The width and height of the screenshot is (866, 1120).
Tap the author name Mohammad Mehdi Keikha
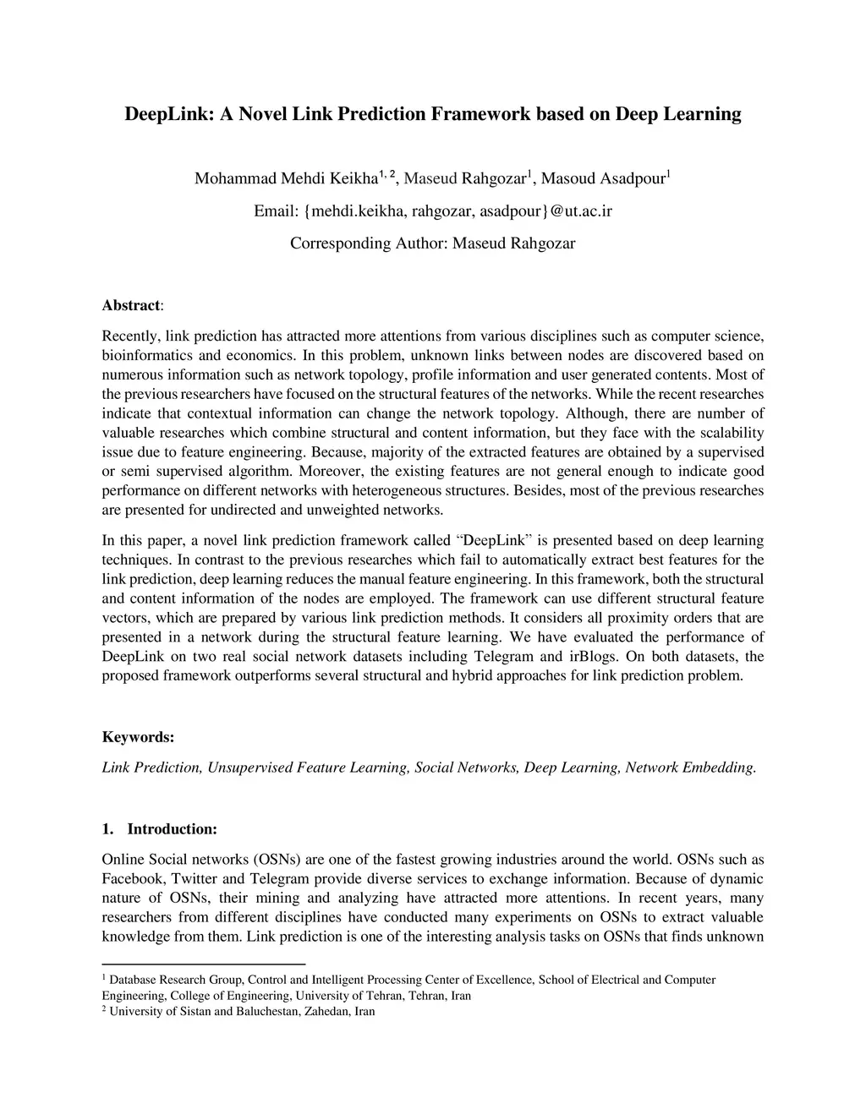(x=285, y=179)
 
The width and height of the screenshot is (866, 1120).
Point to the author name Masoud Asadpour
(x=602, y=179)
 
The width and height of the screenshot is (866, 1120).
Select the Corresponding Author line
(x=432, y=243)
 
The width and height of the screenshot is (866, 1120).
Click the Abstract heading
(x=131, y=305)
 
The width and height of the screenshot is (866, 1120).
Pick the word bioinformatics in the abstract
(x=149, y=356)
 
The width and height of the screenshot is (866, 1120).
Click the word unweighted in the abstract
(x=347, y=511)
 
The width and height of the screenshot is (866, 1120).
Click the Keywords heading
(x=138, y=737)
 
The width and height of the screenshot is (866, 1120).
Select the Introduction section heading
(x=172, y=829)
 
